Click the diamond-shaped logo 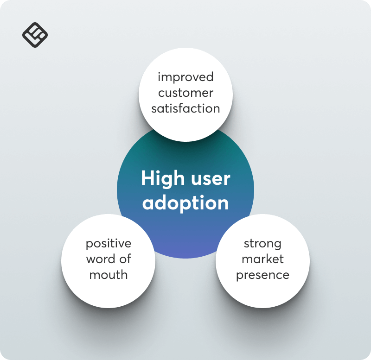[x=35, y=35]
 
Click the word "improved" [x=186, y=77]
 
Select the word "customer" [x=186, y=93]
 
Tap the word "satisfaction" [x=186, y=108]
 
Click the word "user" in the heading [x=211, y=180]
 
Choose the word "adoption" [x=185, y=203]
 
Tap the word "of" [x=125, y=259]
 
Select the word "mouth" [x=109, y=275]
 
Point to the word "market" [x=262, y=259]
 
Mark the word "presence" [x=262, y=275]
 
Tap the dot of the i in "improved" [x=159, y=73]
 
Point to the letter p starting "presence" [x=239, y=276]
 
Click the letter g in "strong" [x=278, y=246]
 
